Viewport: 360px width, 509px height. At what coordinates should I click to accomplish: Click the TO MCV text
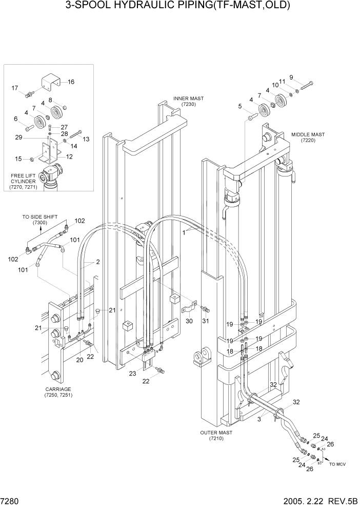click(338, 464)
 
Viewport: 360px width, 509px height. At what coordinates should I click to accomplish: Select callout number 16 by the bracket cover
click(71, 82)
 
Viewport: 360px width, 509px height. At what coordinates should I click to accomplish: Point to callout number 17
click(15, 88)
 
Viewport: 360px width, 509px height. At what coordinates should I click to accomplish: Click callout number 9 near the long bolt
click(291, 77)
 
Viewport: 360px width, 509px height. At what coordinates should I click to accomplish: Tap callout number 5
click(239, 106)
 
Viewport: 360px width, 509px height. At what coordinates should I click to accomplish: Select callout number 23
click(133, 374)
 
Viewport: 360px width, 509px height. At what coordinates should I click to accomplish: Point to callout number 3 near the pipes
click(259, 420)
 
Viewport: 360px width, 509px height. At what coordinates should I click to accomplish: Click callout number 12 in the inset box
click(69, 156)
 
